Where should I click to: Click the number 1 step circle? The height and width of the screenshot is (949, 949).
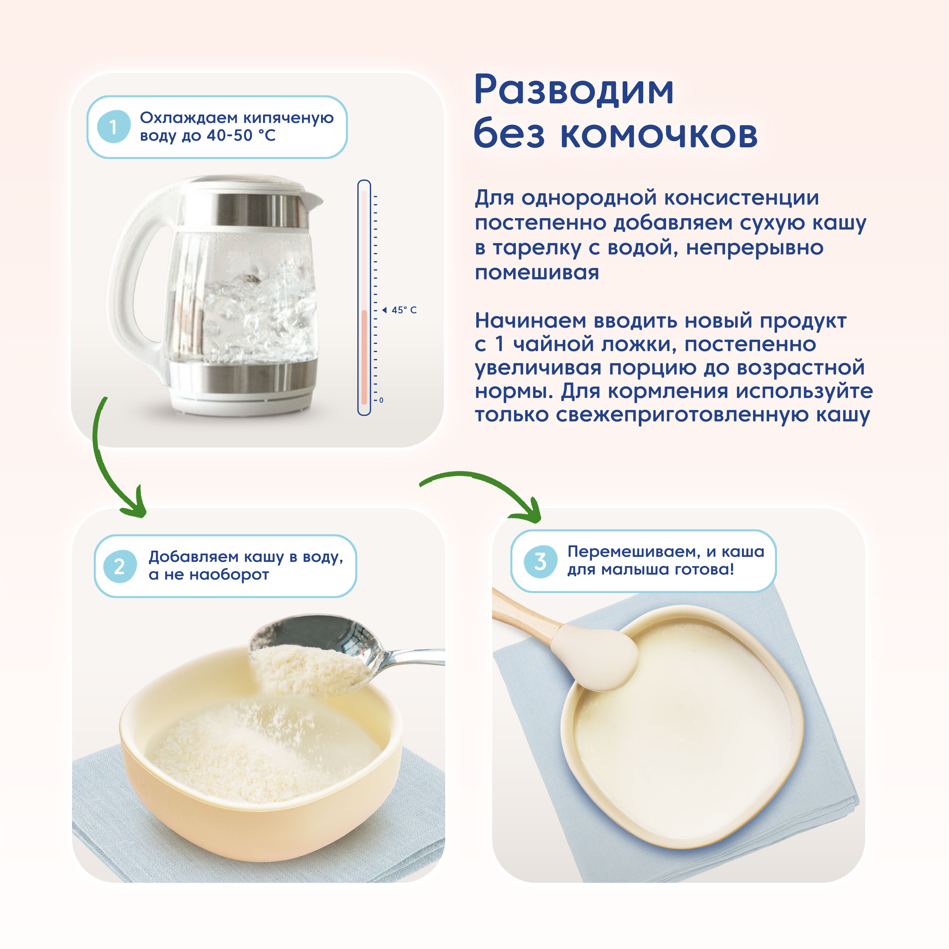(x=113, y=127)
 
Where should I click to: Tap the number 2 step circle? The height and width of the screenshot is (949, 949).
(x=120, y=566)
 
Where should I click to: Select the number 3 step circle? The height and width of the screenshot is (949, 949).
(x=540, y=561)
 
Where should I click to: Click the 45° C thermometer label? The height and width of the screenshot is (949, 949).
(x=404, y=310)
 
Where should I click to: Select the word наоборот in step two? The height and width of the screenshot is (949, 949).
(x=229, y=575)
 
